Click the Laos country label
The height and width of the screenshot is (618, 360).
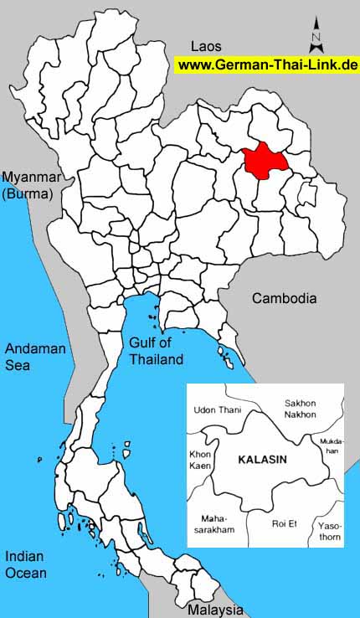coord(206,46)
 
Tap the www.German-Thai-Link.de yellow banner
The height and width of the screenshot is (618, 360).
coord(267,65)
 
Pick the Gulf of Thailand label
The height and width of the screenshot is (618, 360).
coord(156,351)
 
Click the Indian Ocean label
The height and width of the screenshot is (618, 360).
coord(25,564)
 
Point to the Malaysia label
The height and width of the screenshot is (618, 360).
coord(215,610)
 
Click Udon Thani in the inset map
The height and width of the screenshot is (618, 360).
coord(216,409)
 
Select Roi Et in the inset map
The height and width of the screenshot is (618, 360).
coord(284,523)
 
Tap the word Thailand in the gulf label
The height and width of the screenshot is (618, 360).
coord(156,359)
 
